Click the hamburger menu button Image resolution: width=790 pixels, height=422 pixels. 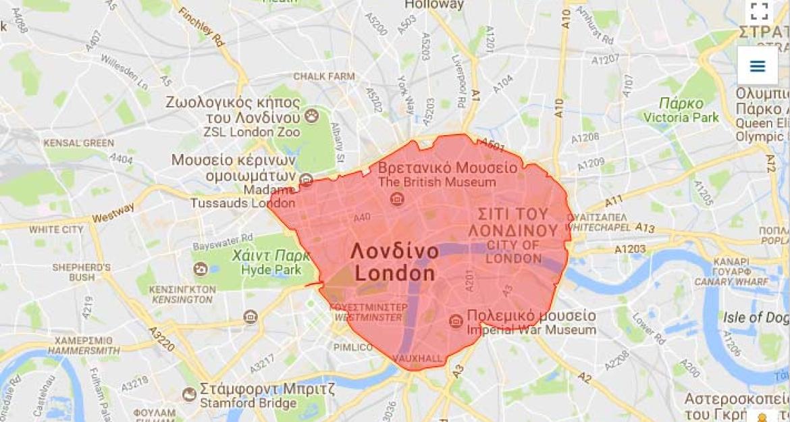click(x=757, y=65)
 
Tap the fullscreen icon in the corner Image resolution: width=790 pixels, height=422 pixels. click(x=760, y=11)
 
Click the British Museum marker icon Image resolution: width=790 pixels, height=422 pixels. click(x=397, y=199)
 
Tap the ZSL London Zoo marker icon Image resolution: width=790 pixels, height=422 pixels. click(x=311, y=116)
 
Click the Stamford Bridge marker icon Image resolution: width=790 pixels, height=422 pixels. click(x=190, y=392)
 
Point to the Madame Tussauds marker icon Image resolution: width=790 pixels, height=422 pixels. click(x=306, y=180)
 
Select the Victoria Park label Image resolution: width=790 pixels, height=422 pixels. click(x=683, y=117)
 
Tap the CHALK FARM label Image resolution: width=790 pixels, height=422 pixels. click(x=323, y=76)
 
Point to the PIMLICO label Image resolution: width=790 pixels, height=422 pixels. click(x=352, y=347)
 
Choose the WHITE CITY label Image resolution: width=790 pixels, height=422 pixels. click(x=56, y=230)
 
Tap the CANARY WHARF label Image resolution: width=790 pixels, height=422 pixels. click(x=733, y=281)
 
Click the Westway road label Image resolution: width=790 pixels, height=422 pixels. click(x=109, y=218)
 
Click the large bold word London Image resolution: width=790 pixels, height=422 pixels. click(x=395, y=273)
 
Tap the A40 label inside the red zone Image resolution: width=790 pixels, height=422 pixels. click(x=362, y=217)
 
